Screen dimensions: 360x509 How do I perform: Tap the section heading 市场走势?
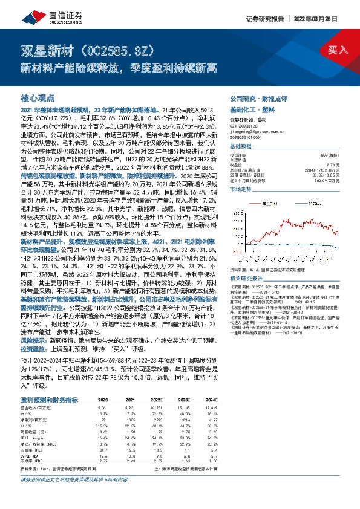point(242,189)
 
